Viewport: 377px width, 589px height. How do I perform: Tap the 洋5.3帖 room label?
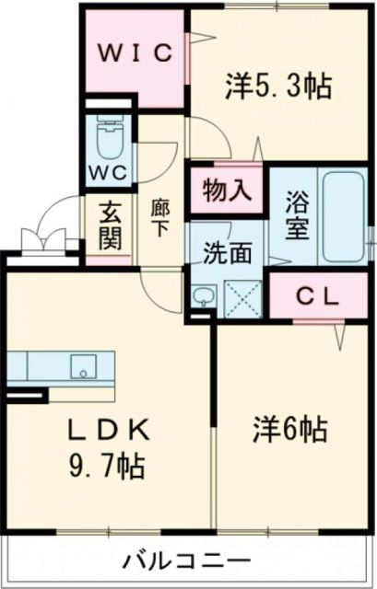tap(277, 87)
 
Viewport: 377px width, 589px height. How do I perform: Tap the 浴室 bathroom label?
tap(296, 215)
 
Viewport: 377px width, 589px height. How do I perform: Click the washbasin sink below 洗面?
tap(205, 296)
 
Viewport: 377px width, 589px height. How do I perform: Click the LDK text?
tap(105, 431)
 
